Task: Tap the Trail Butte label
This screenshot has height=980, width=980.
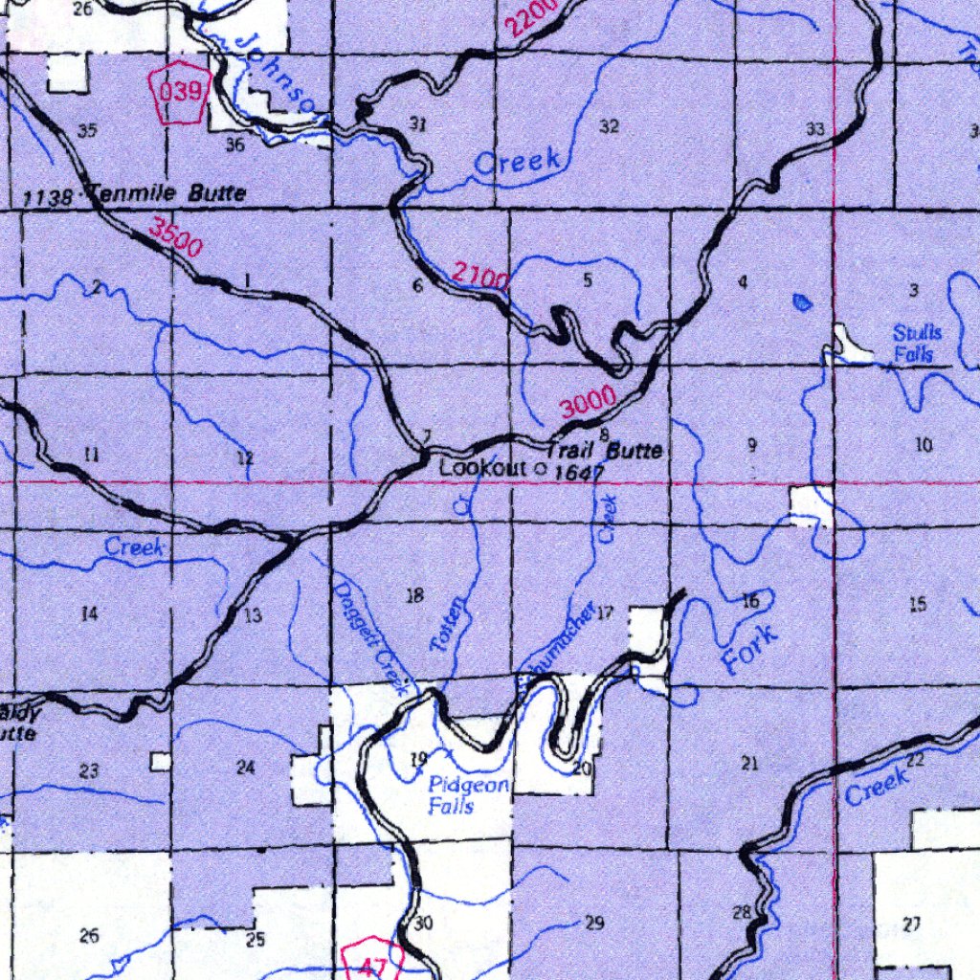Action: pyautogui.click(x=605, y=449)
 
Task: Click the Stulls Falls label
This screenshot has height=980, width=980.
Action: pyautogui.click(x=918, y=344)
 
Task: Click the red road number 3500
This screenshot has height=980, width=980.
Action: pyautogui.click(x=176, y=238)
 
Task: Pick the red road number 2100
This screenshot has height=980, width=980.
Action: pyautogui.click(x=480, y=278)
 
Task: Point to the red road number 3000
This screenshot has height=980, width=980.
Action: pyautogui.click(x=588, y=406)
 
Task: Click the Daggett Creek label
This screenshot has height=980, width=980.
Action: pyautogui.click(x=371, y=636)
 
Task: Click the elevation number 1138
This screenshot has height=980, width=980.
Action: pyautogui.click(x=48, y=198)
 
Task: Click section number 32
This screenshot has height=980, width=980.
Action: pyautogui.click(x=609, y=126)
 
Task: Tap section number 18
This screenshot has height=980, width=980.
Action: pyautogui.click(x=414, y=596)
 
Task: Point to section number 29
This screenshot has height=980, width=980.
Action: pyautogui.click(x=594, y=923)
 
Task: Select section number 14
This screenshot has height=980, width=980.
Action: pyautogui.click(x=89, y=613)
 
